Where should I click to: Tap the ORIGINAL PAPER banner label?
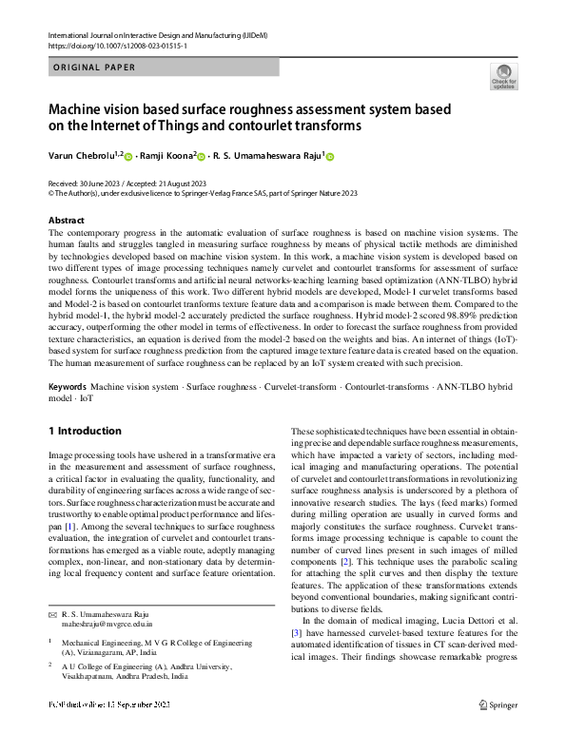pyautogui.click(x=95, y=67)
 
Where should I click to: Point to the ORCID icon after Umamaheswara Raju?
pyautogui.click(x=331, y=156)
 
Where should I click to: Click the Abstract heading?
pyautogui.click(x=66, y=221)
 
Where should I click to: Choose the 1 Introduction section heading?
pyautogui.click(x=85, y=432)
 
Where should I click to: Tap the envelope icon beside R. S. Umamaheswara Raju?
pyautogui.click(x=52, y=614)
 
